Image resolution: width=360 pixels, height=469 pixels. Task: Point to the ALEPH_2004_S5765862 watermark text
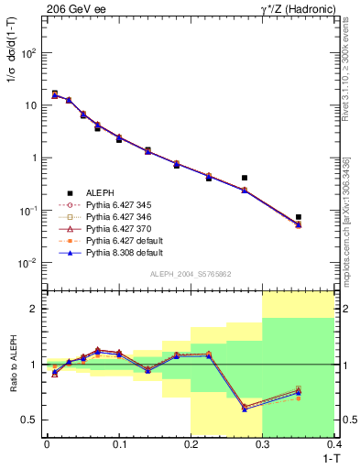click(x=190, y=276)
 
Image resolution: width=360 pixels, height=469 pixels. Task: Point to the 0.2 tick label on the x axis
click(x=191, y=446)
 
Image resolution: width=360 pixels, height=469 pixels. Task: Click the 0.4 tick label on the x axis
click(x=334, y=446)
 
